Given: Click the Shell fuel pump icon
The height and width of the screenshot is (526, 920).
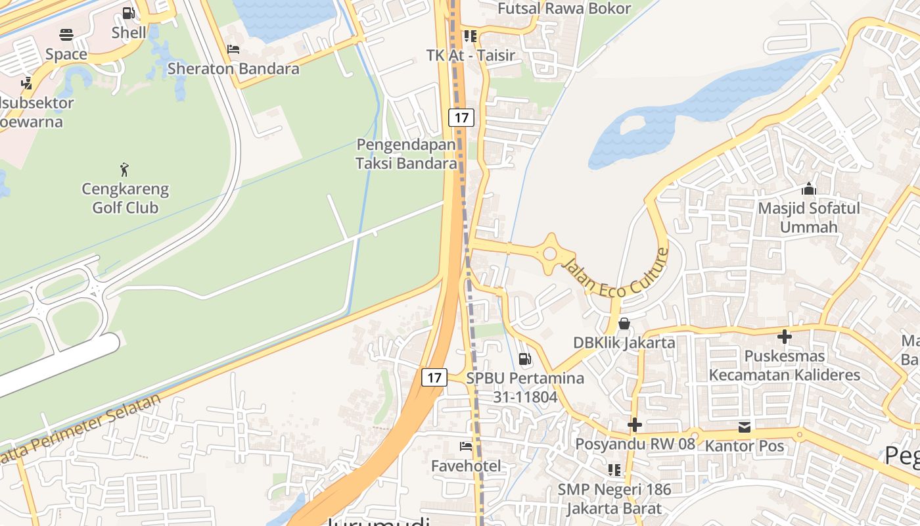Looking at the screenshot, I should [129, 13].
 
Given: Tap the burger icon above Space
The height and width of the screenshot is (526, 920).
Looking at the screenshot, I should [66, 35].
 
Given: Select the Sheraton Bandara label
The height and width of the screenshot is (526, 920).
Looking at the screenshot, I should [233, 68].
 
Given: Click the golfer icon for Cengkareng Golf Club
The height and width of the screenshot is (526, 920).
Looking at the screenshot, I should [124, 170].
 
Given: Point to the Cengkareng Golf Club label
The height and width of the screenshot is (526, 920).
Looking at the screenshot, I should [125, 198].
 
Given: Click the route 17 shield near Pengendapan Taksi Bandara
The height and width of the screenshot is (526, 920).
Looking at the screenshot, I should [461, 118].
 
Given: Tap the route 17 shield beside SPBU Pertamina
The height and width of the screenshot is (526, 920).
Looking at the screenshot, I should [434, 377].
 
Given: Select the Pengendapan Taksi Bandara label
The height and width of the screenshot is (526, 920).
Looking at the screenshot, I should [406, 154].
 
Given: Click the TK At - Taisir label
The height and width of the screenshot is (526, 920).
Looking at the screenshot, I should [471, 55].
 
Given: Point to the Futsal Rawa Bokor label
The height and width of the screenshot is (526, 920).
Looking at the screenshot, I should [564, 9].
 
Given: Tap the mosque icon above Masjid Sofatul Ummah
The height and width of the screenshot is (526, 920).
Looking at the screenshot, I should [809, 189].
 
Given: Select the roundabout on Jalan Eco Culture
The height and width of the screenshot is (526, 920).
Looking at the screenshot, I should [550, 252].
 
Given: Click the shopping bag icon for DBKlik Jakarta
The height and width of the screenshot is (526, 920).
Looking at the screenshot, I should [624, 323].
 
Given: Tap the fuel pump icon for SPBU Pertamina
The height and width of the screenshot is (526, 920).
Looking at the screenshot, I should [524, 359].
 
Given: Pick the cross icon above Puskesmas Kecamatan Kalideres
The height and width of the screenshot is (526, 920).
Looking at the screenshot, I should [784, 337].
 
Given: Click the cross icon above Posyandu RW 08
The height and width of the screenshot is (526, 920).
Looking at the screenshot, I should [634, 425].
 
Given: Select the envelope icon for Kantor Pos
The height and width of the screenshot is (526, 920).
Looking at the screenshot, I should [744, 427].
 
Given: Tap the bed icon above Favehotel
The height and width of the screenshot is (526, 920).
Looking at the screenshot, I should [466, 446].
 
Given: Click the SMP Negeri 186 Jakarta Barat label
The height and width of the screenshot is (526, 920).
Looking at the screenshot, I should [614, 499].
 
